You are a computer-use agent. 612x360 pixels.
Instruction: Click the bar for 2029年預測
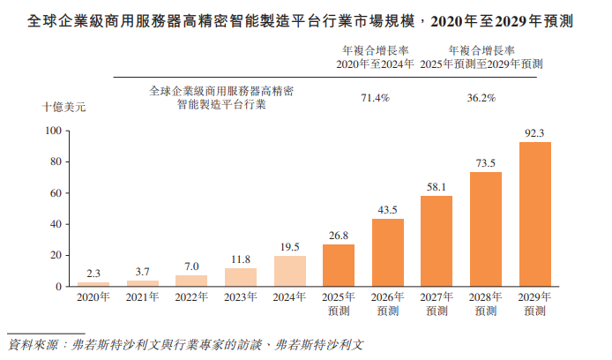pos(535,214)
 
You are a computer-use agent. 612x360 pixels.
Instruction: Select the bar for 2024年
pos(290,271)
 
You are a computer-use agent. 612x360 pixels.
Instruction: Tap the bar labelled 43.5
pos(388,252)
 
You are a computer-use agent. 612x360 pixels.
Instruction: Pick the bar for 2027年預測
pos(437,241)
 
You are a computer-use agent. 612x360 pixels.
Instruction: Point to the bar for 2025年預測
pos(339,266)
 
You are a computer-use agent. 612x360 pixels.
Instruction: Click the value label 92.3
pos(535,133)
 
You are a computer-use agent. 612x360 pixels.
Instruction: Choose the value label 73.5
pos(486,163)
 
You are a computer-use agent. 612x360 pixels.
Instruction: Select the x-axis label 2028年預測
pos(486,304)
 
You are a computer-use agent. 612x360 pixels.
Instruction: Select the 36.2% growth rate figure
pos(481,98)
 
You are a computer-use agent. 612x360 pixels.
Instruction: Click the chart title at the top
pos(306,19)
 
